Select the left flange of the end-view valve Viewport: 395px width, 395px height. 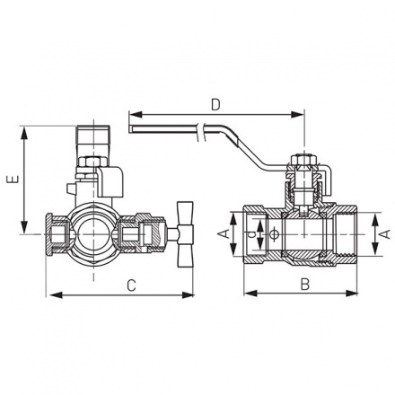pyautogui.click(x=51, y=233)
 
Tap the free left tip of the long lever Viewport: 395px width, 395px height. pyautogui.click(x=132, y=132)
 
